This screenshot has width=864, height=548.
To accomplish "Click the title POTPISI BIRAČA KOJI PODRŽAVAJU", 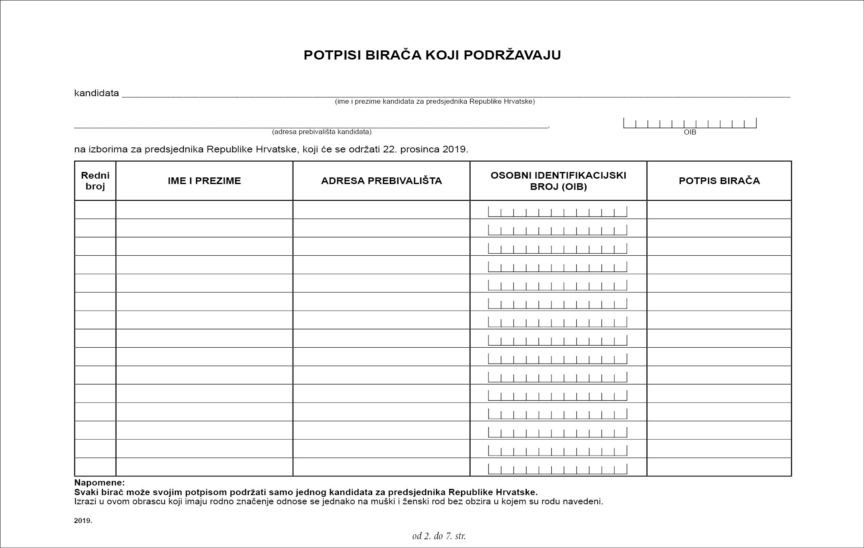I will [x=432, y=55].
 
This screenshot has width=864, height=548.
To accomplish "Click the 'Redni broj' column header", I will [x=95, y=181].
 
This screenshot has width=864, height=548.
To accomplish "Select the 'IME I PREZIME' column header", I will [x=204, y=181].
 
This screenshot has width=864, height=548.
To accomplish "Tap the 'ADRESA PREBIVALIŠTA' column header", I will [x=381, y=181].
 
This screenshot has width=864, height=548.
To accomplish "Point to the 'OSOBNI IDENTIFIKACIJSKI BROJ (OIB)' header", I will [x=558, y=181].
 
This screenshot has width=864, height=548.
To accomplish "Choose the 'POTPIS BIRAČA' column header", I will [x=719, y=181].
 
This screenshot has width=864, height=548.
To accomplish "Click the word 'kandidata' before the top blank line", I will [x=97, y=93].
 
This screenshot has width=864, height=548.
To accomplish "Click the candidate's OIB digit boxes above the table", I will [x=690, y=123].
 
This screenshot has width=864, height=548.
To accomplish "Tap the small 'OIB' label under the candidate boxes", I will [x=690, y=132].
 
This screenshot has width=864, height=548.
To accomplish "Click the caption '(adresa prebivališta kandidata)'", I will [x=321, y=132].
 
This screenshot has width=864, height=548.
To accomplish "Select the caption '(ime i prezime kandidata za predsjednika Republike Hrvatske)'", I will [x=435, y=102].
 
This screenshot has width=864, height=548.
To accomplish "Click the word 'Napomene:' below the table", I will [x=99, y=483].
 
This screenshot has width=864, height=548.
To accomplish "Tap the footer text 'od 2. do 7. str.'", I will [x=439, y=536].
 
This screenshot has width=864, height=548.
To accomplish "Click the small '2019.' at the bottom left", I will [x=83, y=521].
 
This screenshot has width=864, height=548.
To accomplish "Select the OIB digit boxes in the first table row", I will [x=558, y=212].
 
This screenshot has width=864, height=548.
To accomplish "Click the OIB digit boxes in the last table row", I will [x=558, y=469].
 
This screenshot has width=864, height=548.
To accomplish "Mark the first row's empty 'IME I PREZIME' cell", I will [x=204, y=209].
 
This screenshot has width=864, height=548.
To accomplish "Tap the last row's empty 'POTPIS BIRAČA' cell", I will [x=719, y=467].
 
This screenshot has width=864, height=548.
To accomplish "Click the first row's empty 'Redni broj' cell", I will [x=95, y=209].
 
